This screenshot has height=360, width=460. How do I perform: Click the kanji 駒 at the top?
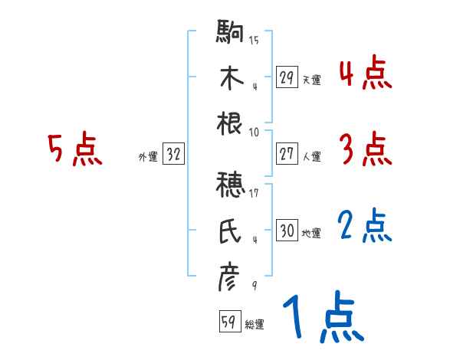point(230,33)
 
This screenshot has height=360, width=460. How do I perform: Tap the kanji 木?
point(230,78)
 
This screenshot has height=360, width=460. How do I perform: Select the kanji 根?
point(230,123)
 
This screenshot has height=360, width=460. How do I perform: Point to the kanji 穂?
point(230,185)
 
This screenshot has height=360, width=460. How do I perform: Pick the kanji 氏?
point(230,231)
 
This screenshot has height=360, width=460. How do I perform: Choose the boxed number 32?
point(173,155)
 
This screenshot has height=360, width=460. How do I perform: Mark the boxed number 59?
point(228,322)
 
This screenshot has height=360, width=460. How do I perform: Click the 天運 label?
point(312,80)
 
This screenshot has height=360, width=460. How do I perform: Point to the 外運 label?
point(147,156)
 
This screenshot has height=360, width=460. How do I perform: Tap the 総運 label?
point(255,324)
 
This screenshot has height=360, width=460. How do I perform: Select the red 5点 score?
point(74,151)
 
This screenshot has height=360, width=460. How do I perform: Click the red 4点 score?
point(365,75)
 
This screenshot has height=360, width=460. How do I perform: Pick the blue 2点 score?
point(365,227)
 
